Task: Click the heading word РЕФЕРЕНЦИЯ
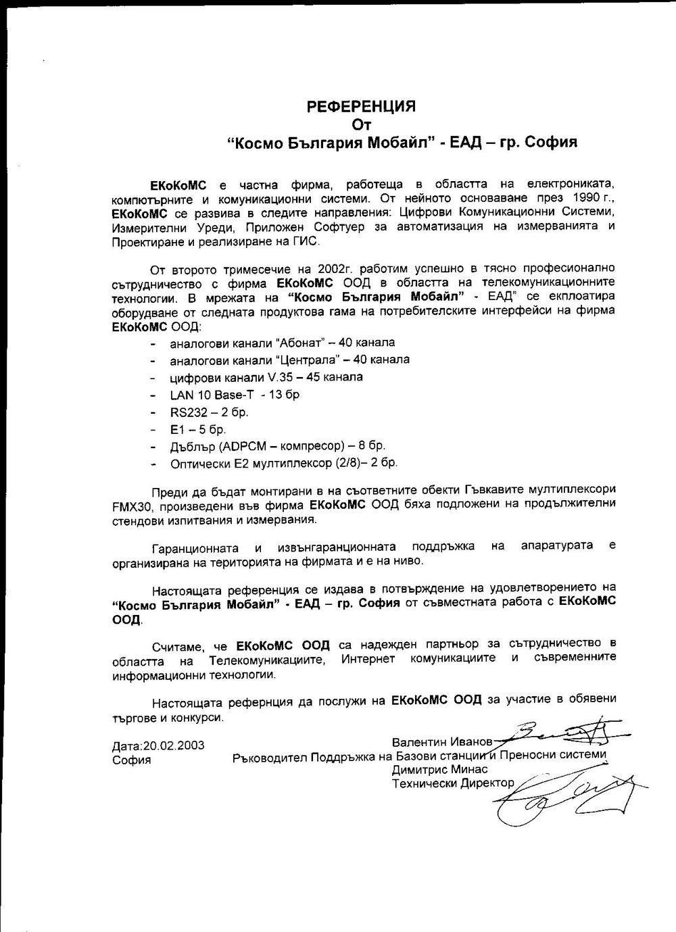coord(361,106)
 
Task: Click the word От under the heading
coord(362,124)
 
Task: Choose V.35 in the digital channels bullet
coord(281,377)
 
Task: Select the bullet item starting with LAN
coord(235,395)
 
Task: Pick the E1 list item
coord(198,429)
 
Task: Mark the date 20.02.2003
coord(173,745)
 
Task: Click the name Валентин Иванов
coord(442,741)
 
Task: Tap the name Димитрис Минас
coord(439,769)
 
